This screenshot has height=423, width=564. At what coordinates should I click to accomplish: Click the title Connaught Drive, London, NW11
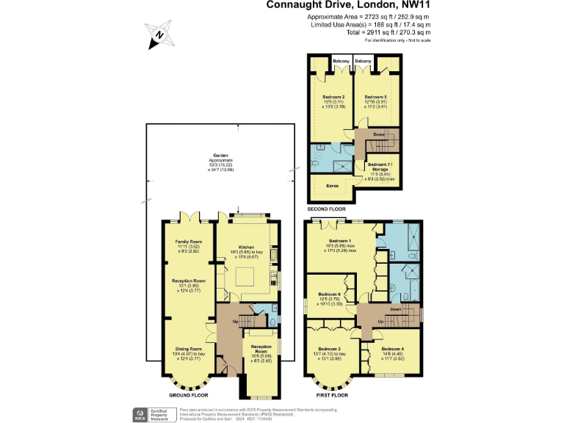point(348,6)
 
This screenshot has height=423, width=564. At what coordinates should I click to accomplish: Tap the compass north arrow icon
point(161,34)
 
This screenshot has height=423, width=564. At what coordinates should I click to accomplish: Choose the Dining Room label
point(188,349)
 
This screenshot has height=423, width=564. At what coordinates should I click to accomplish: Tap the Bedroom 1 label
point(340,241)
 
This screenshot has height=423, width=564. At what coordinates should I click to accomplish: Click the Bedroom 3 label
point(329,349)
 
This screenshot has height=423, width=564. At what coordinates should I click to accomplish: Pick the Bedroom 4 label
point(393,349)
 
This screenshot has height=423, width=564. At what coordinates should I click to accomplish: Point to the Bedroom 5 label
point(375,96)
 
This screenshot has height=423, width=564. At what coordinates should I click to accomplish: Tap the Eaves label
point(330,187)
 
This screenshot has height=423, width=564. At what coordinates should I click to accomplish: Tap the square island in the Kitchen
point(245,278)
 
